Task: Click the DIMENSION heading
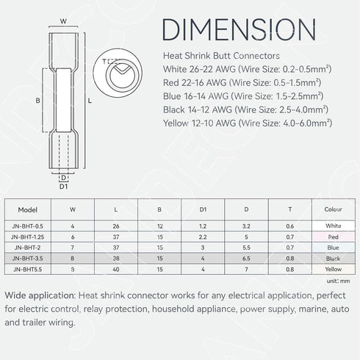point(240,29)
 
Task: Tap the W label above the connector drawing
point(63,21)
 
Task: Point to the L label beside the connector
point(90,101)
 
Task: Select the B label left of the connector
point(37,101)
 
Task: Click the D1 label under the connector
point(63,187)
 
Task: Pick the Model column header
point(28,209)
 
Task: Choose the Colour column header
point(333,209)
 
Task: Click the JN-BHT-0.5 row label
point(28,226)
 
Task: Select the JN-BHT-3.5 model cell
point(28,259)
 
